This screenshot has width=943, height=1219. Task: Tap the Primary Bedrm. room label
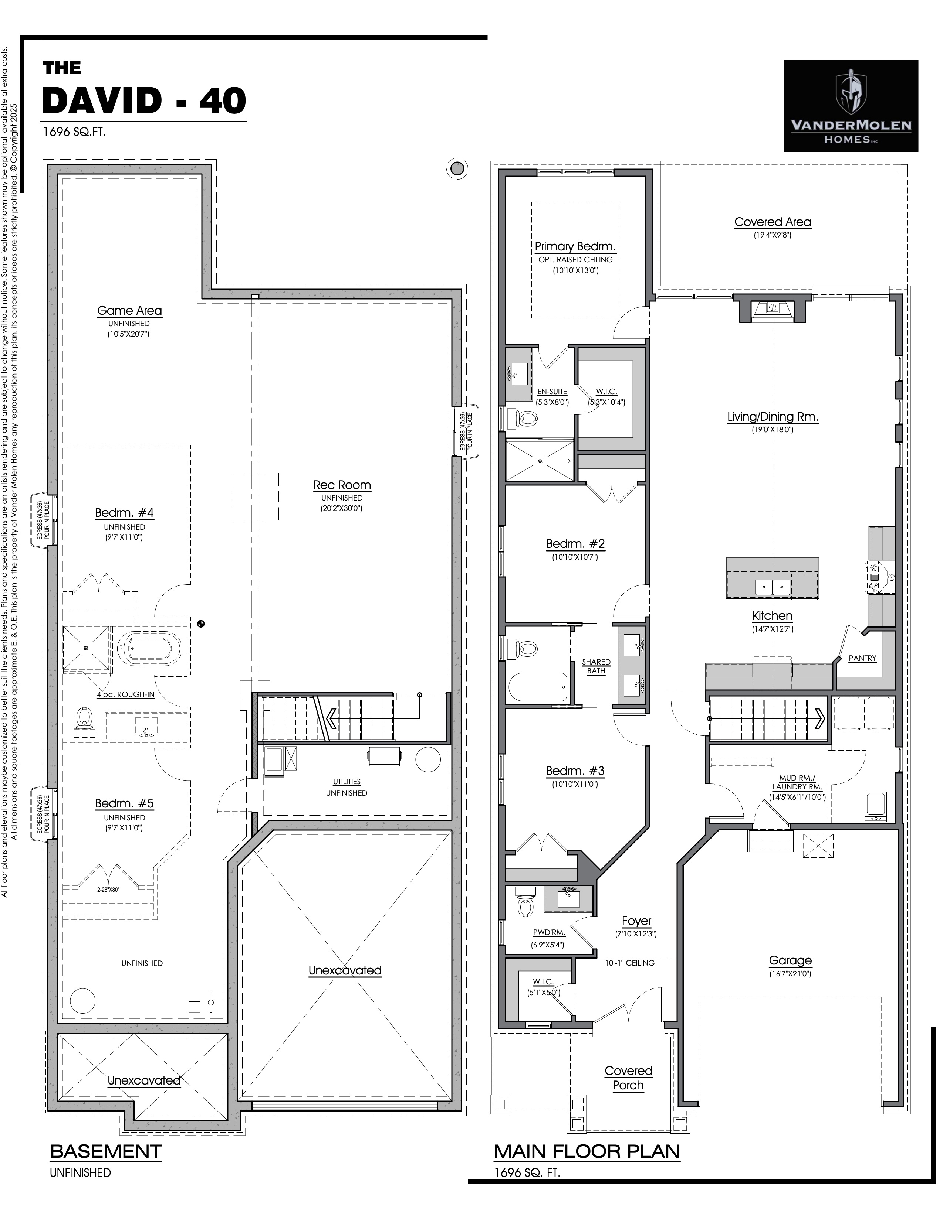pyautogui.click(x=575, y=246)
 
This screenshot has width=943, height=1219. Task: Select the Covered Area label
pyautogui.click(x=773, y=222)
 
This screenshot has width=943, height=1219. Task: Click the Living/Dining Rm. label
pyautogui.click(x=773, y=416)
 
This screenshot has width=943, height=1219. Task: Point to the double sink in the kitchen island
pyautogui.click(x=773, y=587)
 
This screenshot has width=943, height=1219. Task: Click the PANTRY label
pyautogui.click(x=862, y=658)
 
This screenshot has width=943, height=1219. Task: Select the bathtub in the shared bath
pyautogui.click(x=538, y=686)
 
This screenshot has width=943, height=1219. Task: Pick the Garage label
pyautogui.click(x=790, y=960)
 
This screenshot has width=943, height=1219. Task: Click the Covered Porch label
pyautogui.click(x=628, y=1078)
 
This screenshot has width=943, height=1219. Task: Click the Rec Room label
pyautogui.click(x=342, y=485)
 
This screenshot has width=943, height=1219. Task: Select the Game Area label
pyautogui.click(x=129, y=310)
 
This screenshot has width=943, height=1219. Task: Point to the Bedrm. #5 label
pyautogui.click(x=125, y=803)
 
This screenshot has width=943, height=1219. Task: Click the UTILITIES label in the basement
pyautogui.click(x=347, y=781)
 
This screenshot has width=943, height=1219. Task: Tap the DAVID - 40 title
pyautogui.click(x=144, y=100)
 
